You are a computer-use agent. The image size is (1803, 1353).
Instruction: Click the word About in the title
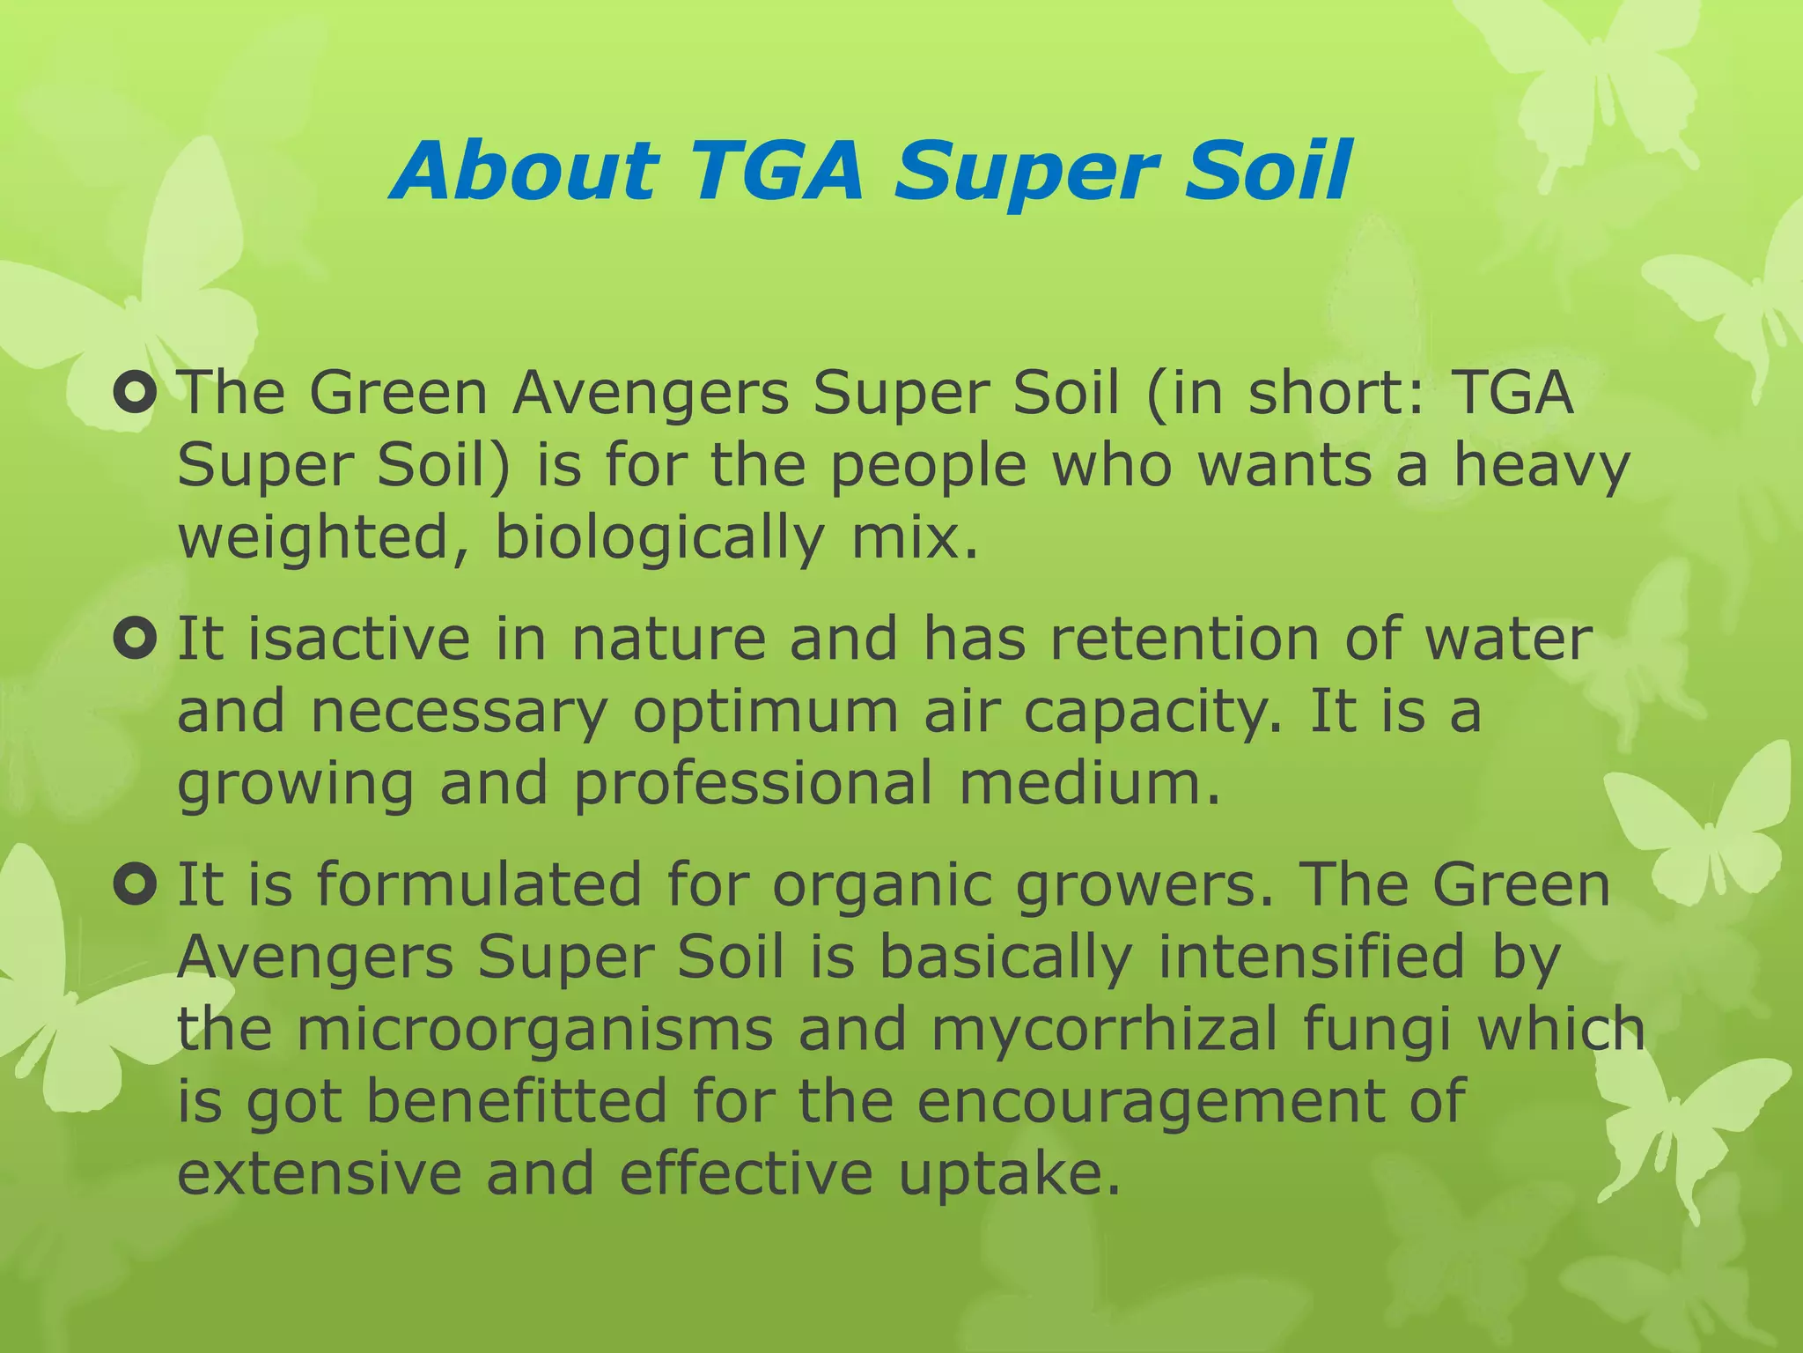click(526, 171)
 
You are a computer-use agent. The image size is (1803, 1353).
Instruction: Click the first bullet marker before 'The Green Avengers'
click(136, 395)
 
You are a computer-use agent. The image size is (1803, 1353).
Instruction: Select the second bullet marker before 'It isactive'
click(136, 640)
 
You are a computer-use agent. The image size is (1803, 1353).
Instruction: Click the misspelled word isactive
click(358, 640)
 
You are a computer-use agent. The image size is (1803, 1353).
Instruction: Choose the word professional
click(754, 785)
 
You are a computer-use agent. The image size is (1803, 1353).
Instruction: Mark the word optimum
click(765, 713)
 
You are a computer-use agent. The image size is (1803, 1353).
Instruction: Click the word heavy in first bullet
click(1541, 467)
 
